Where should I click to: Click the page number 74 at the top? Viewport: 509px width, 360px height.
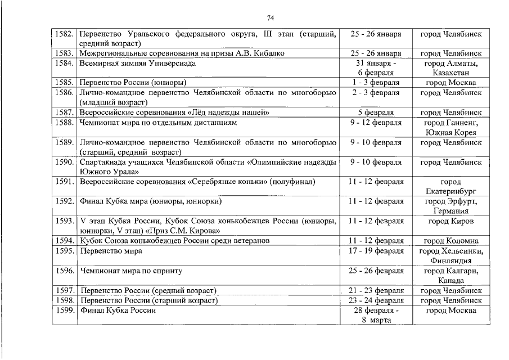(254, 17)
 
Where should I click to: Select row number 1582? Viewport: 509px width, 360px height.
(64, 34)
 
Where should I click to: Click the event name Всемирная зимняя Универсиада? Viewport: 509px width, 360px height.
(138, 63)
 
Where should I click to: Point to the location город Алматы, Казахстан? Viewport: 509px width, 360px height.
(451, 68)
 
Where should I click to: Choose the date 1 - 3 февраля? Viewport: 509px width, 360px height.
(375, 83)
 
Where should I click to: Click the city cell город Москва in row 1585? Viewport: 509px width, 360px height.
(451, 83)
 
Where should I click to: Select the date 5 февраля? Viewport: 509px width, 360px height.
(375, 112)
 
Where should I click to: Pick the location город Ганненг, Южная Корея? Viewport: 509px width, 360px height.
(451, 127)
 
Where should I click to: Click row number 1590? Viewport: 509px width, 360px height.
(64, 162)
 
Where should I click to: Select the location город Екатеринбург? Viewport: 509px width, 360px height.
(451, 186)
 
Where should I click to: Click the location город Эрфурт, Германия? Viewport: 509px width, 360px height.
(451, 206)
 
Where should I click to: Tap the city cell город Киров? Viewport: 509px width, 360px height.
(451, 221)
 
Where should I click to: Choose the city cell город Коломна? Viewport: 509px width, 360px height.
(451, 241)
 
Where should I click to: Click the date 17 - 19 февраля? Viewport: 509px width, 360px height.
(375, 251)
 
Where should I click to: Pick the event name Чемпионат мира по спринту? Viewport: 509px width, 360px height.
(132, 271)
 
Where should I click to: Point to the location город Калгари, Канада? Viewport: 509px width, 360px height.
(451, 275)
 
